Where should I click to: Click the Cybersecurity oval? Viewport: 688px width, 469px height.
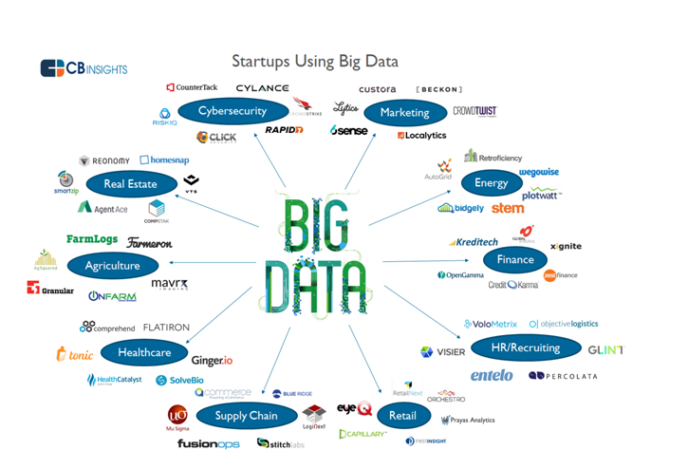coord(232,111)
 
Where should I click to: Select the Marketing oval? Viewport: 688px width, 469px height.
coord(404,112)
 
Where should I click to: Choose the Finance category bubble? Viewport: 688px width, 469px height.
coord(515,259)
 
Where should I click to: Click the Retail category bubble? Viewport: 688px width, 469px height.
coord(403,415)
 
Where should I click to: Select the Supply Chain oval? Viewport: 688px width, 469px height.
coord(247,415)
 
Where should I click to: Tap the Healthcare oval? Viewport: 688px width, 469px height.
coord(144,352)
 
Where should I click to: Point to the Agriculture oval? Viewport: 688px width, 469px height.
coord(112,266)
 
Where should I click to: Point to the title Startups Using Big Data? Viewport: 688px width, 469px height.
coord(315,62)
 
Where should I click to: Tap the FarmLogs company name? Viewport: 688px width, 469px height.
coord(92,239)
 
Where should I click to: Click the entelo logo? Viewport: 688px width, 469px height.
coord(492,376)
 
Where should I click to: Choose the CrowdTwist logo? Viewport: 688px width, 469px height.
coord(474,111)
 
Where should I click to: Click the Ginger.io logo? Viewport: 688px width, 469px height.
coord(213,361)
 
